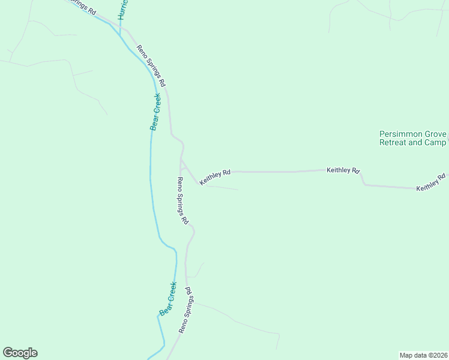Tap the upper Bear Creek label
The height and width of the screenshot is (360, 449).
coord(155,112)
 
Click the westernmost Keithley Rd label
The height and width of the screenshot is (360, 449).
coord(215,176)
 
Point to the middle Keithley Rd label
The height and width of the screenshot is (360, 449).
coord(343,170)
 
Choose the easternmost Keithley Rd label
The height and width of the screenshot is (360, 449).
coord(432,182)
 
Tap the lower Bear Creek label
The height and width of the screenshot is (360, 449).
coord(168,299)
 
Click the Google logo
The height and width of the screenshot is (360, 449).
coord(20,353)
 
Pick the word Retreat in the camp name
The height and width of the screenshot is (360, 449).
coord(394,143)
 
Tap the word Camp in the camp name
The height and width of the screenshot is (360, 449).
coord(436,143)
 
